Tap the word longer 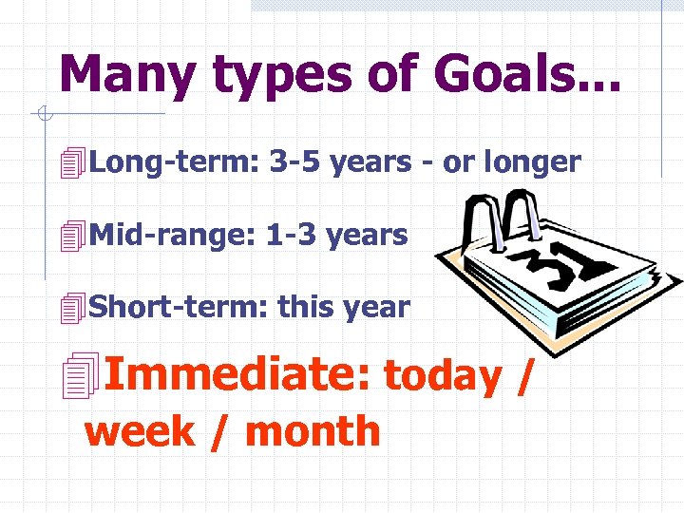click(x=532, y=162)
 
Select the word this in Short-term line click(x=301, y=307)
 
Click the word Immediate click(x=237, y=374)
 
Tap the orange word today click(x=442, y=376)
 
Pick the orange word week click(x=141, y=432)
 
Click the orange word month click(x=313, y=432)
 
